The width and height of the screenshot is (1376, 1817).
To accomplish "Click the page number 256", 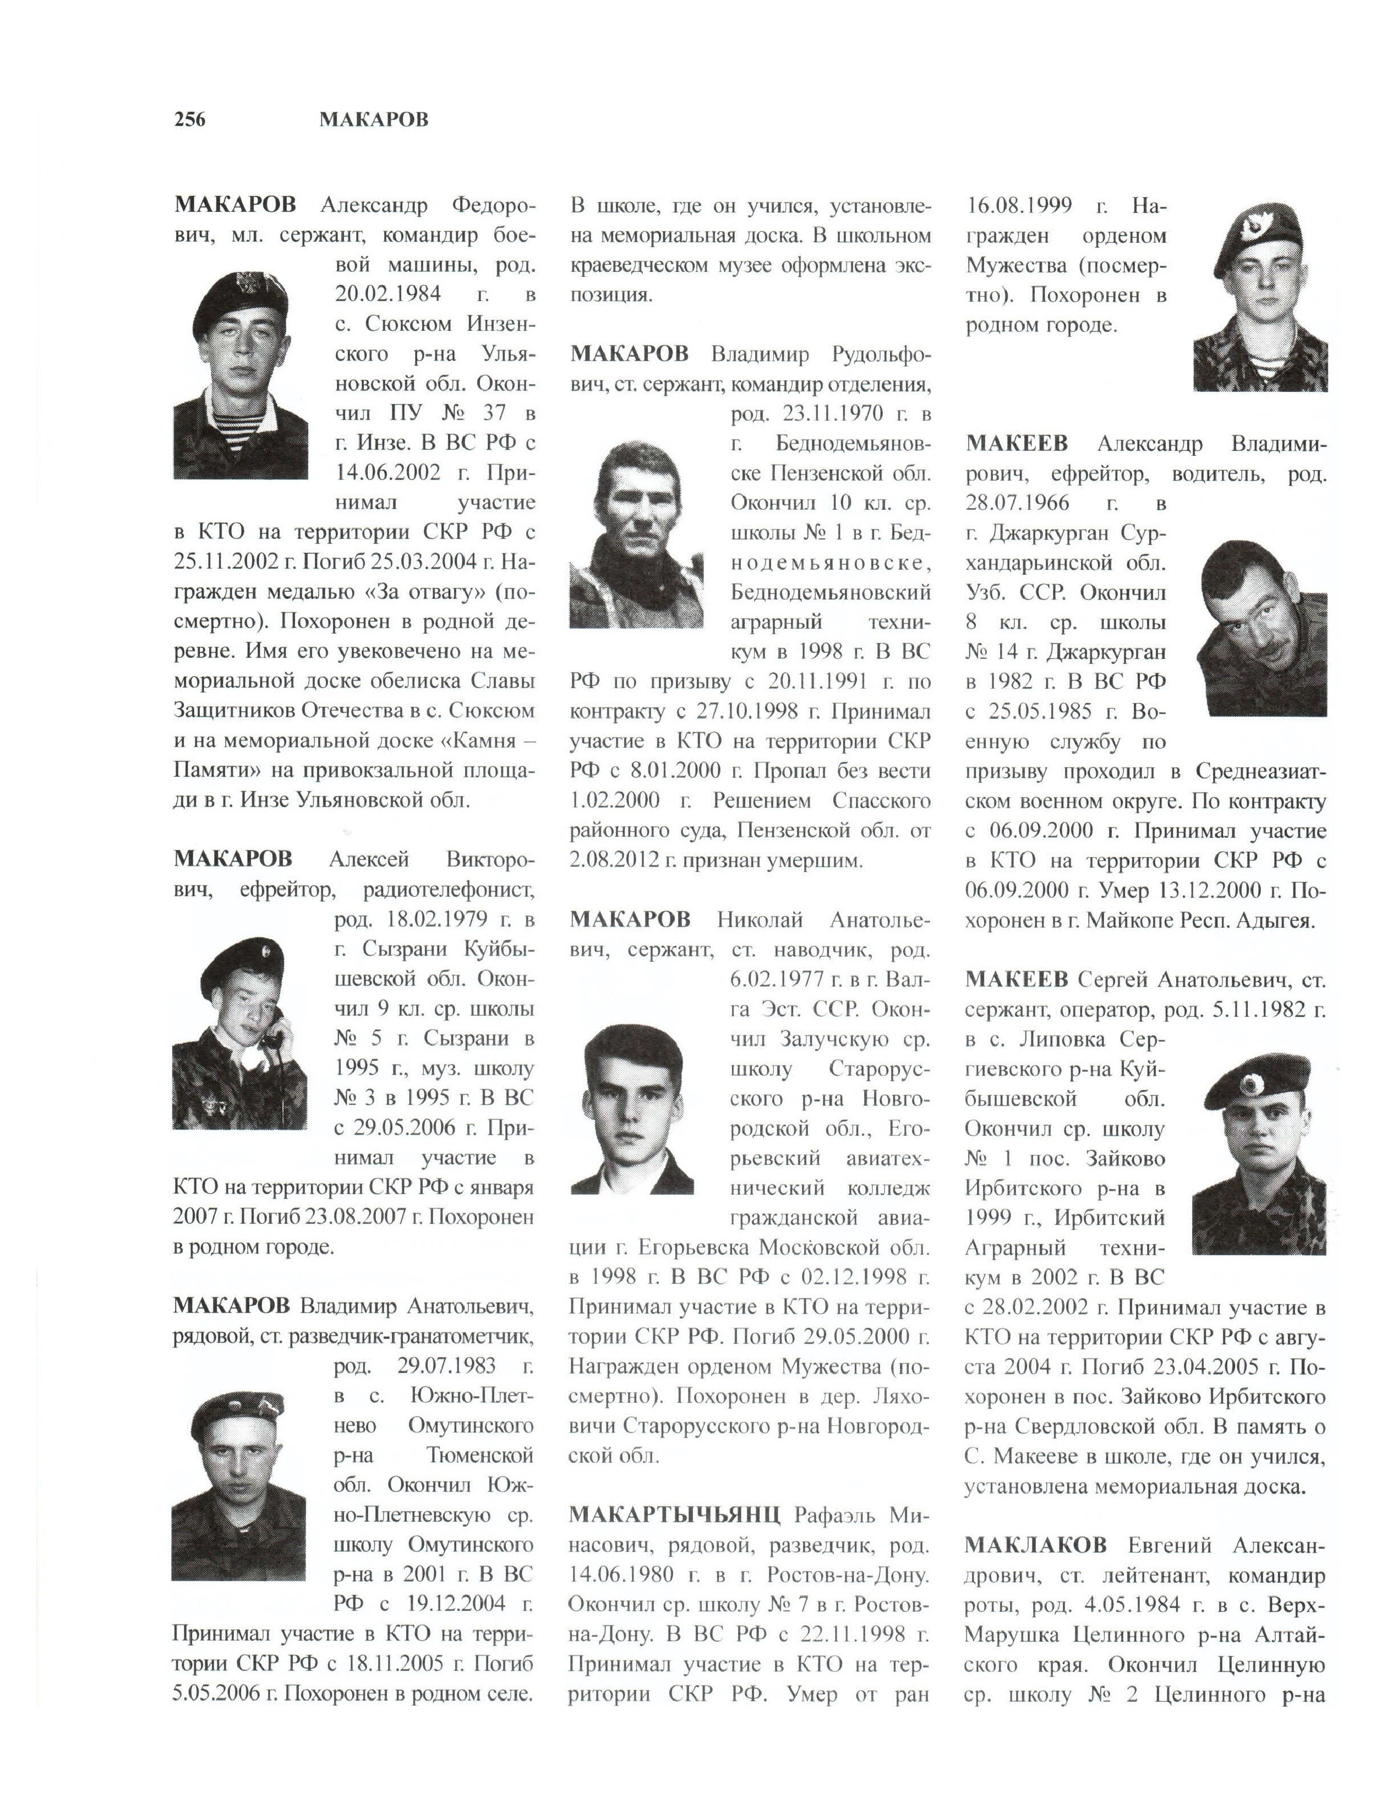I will tap(190, 120).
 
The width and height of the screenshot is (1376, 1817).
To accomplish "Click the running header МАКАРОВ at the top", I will tap(374, 120).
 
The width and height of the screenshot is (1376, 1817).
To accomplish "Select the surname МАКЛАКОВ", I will tap(1035, 1544).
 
